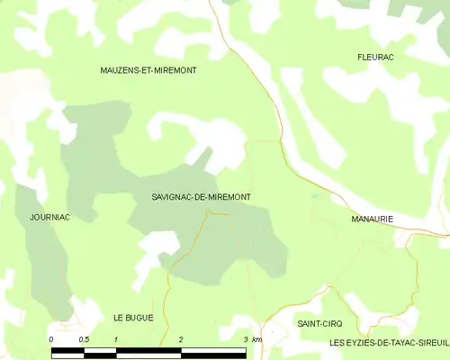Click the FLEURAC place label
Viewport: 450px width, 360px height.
pos(375,57)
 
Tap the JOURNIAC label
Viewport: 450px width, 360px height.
pos(49,218)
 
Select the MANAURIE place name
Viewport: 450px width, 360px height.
pos(373,219)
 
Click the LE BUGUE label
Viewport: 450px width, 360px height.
pos(133,318)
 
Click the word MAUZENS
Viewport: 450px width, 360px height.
pos(123,69)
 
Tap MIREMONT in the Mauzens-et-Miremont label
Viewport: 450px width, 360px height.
pos(175,69)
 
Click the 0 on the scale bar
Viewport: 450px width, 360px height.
pos(51,338)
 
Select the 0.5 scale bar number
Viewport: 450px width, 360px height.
pos(84,338)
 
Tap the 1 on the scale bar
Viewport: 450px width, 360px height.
pos(116,338)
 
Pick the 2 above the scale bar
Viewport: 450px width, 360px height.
pos(181,338)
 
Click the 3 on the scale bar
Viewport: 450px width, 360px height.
pos(246,338)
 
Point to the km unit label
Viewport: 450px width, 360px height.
pos(257,338)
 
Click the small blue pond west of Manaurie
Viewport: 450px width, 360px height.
pos(314,195)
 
